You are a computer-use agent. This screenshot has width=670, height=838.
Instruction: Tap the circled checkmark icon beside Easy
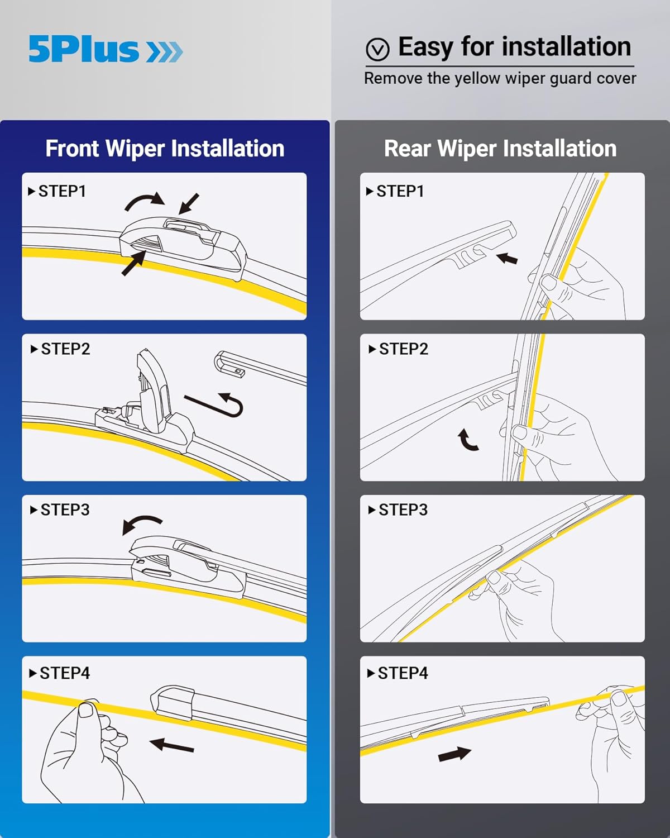click(x=377, y=49)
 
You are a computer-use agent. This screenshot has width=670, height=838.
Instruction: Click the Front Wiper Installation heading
click(x=165, y=149)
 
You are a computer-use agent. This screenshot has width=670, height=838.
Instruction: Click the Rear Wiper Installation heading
click(x=500, y=149)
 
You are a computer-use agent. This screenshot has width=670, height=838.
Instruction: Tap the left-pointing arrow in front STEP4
click(x=171, y=745)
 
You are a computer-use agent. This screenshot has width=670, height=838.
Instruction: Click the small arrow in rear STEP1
click(x=507, y=259)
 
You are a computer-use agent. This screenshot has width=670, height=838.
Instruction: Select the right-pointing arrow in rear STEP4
click(x=454, y=754)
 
